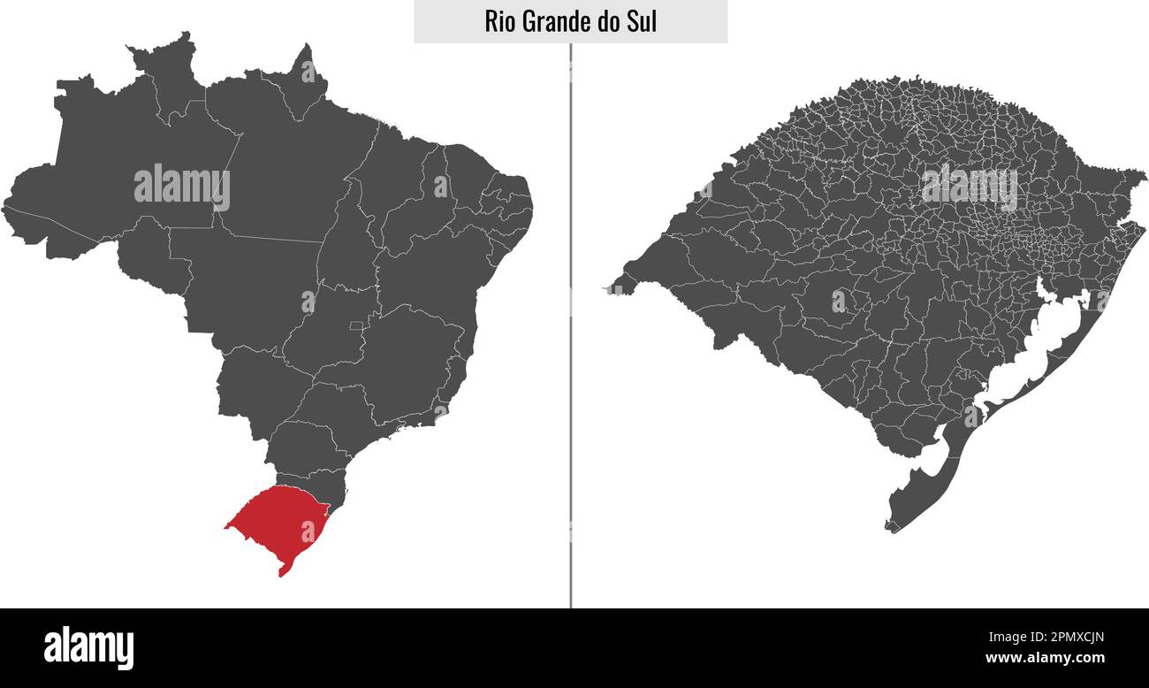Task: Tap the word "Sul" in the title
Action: (641, 21)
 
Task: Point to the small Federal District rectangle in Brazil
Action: (356, 326)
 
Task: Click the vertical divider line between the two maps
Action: (570, 354)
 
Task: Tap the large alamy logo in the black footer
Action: (88, 647)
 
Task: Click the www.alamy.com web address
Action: (1044, 659)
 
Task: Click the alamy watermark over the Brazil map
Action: (181, 187)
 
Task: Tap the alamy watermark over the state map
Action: (969, 187)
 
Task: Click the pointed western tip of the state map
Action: (610, 288)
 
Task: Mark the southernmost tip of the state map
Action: (891, 530)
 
